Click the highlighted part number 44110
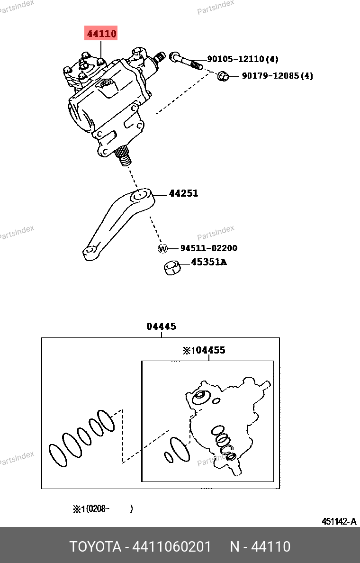(101, 33)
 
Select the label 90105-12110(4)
(243, 59)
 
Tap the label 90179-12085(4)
(278, 76)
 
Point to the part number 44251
(183, 193)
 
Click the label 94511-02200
(208, 248)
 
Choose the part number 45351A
(209, 262)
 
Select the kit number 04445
(161, 327)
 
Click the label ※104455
(204, 350)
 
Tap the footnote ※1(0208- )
(103, 509)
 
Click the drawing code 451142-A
(339, 521)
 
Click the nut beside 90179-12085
(223, 76)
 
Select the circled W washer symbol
(163, 248)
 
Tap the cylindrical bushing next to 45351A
(172, 268)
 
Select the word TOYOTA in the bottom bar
(95, 546)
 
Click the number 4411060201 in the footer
(171, 546)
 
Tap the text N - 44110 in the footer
(260, 546)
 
